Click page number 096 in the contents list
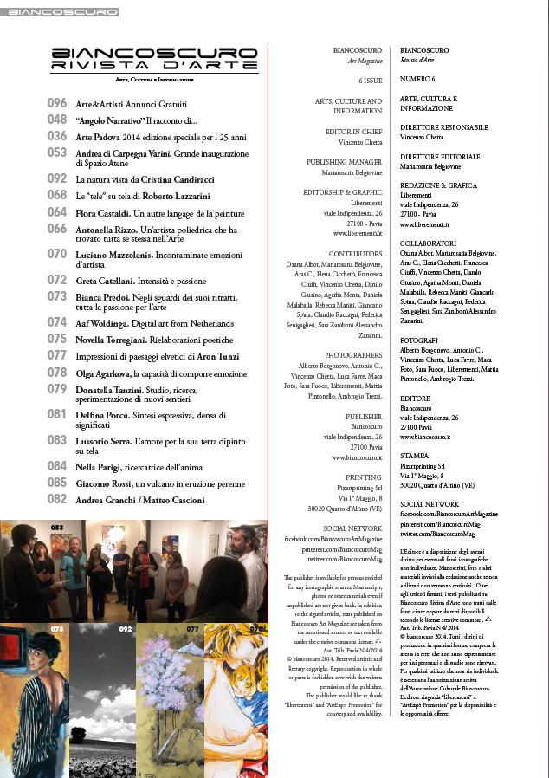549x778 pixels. coord(56,103)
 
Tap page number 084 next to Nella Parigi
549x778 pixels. coord(56,467)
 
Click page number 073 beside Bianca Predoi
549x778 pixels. coord(56,295)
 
